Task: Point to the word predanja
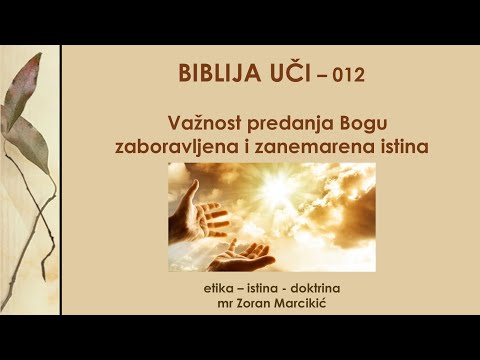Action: click(x=271, y=124)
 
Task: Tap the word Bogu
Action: click(x=337, y=124)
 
